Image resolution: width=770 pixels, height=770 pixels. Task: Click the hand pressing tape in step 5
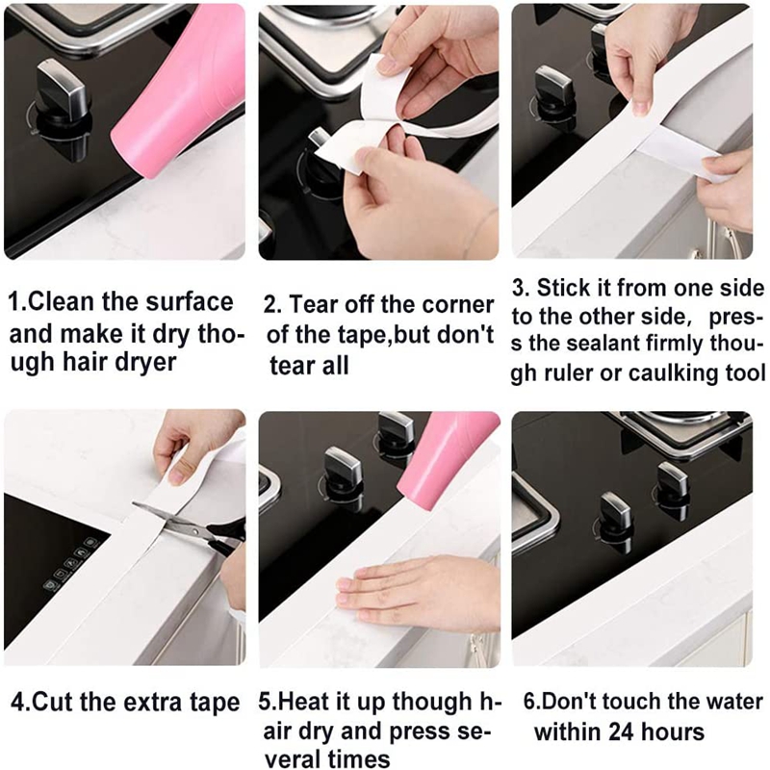414,591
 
